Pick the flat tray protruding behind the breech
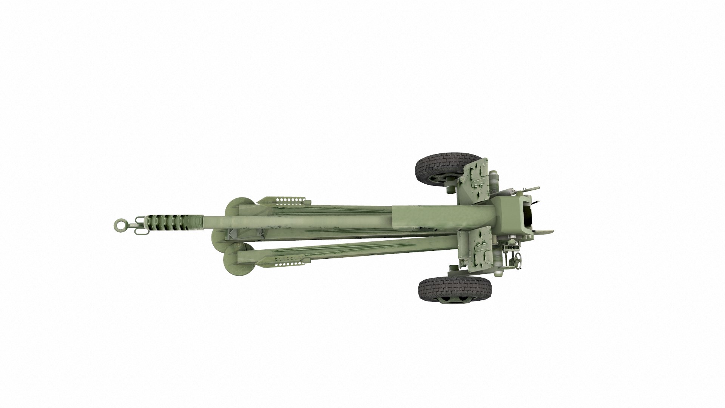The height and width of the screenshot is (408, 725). point(544,232)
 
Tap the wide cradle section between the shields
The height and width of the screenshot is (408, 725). point(442,219)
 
